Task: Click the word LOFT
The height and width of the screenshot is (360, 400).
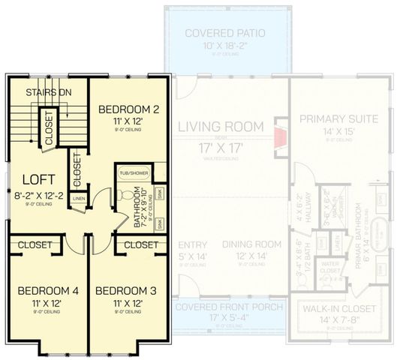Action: point(37,179)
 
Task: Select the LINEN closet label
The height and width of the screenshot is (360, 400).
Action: point(79,199)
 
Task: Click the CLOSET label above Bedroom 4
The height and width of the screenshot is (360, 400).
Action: point(35,244)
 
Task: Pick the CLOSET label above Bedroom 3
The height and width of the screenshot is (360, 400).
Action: point(140,244)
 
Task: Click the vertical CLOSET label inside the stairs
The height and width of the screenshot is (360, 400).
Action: point(49,128)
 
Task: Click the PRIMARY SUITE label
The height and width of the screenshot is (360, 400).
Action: point(338,119)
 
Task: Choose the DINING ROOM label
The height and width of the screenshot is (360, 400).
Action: point(252,244)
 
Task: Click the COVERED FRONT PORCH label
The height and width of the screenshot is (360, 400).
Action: point(229,308)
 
